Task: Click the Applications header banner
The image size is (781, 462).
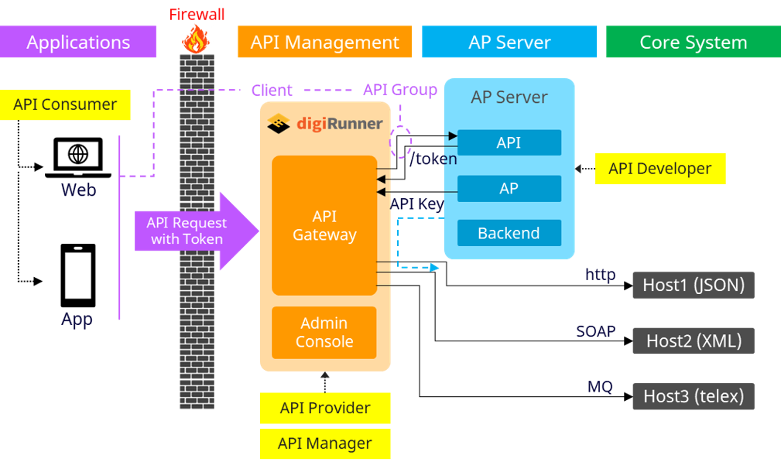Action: pos(78,42)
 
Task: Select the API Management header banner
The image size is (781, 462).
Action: pos(325,42)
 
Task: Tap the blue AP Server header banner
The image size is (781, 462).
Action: pos(509,42)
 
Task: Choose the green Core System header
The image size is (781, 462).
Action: pos(693,42)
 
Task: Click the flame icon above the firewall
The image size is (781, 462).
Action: pos(197,37)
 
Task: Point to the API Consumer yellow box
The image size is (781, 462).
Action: pos(66,105)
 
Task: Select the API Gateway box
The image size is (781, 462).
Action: pos(324,225)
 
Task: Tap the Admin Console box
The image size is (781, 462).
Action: pos(324,333)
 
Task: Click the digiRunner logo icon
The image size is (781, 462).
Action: pos(278,123)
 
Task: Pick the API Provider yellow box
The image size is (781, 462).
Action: pos(325,408)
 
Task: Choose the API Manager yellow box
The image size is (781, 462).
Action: pos(325,443)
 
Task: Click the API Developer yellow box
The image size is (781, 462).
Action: pos(660,169)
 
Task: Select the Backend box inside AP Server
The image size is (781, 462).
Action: pos(509,233)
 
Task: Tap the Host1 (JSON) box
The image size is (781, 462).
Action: pos(693,285)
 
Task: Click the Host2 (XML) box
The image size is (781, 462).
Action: pos(693,341)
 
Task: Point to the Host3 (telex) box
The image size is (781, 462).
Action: pos(693,396)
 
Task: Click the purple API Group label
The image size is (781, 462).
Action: pos(400,90)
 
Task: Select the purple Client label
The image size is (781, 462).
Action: pos(272,91)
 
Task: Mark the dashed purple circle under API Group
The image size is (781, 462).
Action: pos(401,143)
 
